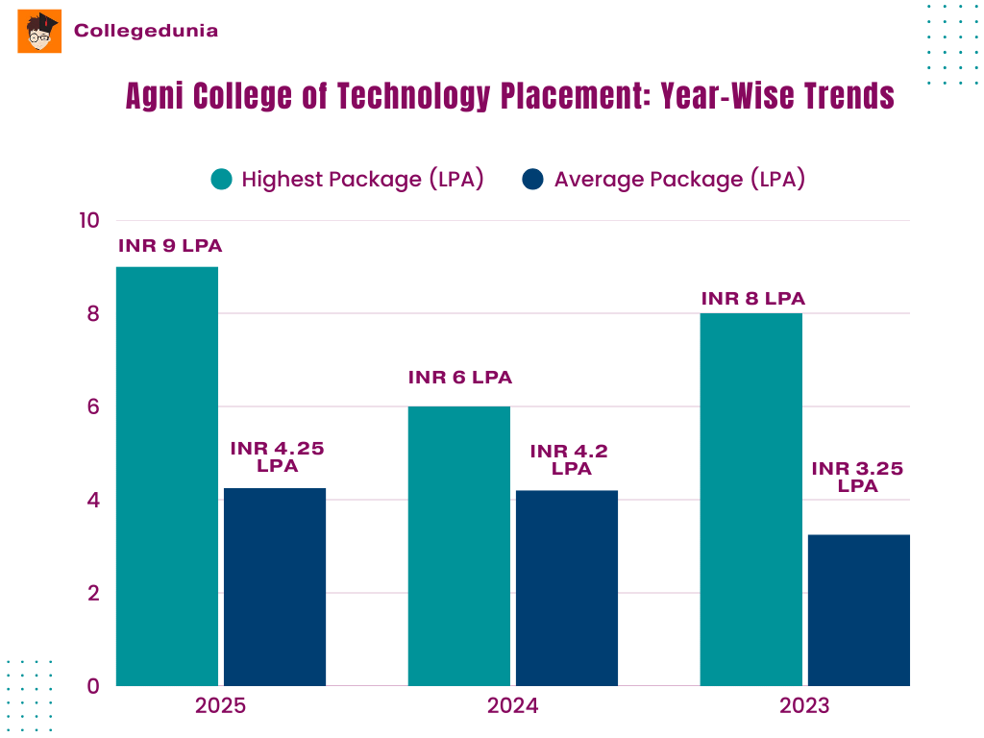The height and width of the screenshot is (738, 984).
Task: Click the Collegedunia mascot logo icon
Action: pyautogui.click(x=39, y=32)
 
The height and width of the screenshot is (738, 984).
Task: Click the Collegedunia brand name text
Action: pyautogui.click(x=146, y=31)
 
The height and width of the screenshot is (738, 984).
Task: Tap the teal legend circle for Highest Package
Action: pyautogui.click(x=222, y=180)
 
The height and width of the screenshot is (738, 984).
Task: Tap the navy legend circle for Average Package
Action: pyautogui.click(x=533, y=180)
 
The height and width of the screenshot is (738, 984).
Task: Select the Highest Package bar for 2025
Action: pyautogui.click(x=167, y=476)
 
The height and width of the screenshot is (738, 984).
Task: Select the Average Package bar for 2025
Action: pyautogui.click(x=275, y=586)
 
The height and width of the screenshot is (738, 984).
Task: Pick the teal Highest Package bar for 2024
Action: pyautogui.click(x=458, y=546)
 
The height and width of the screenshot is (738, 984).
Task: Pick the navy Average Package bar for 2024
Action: pyautogui.click(x=566, y=587)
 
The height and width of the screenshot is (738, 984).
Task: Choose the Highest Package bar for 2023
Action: pyautogui.click(x=750, y=500)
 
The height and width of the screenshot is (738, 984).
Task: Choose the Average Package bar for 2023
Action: pyautogui.click(x=858, y=609)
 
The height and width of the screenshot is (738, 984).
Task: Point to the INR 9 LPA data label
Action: pyautogui.click(x=170, y=246)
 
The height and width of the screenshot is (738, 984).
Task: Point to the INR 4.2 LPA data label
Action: pyautogui.click(x=570, y=459)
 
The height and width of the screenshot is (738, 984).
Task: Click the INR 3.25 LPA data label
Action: pyautogui.click(x=858, y=477)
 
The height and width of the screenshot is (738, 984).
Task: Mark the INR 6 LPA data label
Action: pyautogui.click(x=460, y=378)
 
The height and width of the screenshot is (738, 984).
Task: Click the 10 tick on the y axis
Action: pyautogui.click(x=89, y=220)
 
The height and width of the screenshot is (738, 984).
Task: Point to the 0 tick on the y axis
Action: pyautogui.click(x=93, y=686)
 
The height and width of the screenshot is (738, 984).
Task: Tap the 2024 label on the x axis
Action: pyautogui.click(x=512, y=706)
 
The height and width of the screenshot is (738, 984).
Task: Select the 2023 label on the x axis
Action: pyautogui.click(x=804, y=706)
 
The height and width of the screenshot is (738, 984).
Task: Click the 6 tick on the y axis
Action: pyautogui.click(x=93, y=406)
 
